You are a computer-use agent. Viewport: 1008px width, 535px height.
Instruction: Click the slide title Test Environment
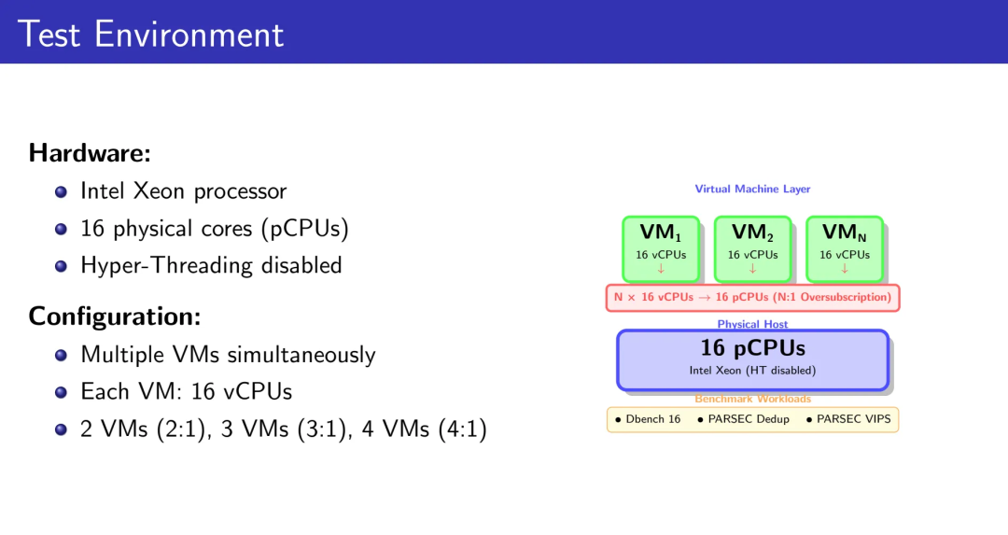[150, 35]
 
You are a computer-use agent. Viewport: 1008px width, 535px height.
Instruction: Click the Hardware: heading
[90, 152]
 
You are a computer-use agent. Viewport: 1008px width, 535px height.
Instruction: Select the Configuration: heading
[115, 317]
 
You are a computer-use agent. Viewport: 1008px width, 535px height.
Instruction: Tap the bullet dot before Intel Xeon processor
[62, 191]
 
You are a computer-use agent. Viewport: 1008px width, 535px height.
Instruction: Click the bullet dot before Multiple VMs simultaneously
[62, 356]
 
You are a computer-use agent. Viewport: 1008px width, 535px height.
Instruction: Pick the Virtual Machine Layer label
[752, 189]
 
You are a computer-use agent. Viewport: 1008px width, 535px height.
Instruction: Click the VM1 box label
[660, 232]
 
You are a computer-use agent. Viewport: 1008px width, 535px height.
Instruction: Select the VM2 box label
[752, 232]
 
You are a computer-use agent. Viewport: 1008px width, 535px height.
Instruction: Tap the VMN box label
[844, 232]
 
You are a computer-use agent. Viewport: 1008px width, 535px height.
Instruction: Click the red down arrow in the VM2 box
[752, 269]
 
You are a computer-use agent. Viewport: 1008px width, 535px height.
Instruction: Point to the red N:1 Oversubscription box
[752, 297]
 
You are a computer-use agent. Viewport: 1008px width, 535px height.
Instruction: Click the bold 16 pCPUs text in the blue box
[752, 348]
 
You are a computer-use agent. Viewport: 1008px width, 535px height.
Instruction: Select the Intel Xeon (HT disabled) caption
[752, 371]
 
